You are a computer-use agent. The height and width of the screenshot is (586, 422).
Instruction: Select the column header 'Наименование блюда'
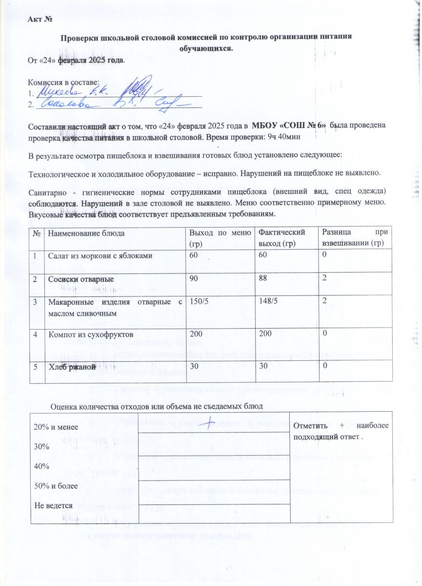82,233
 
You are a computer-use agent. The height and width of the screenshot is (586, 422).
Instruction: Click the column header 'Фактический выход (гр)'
281,237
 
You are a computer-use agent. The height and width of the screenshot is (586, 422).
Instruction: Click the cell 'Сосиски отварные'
81,279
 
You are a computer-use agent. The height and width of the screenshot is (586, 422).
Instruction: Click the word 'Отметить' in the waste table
310,425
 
